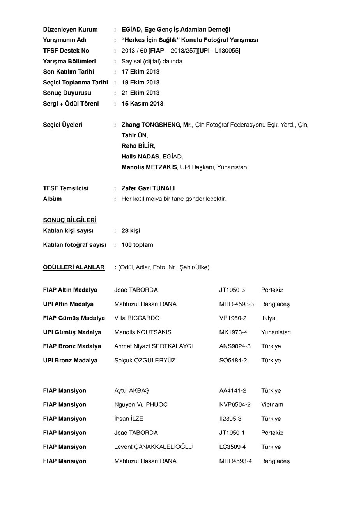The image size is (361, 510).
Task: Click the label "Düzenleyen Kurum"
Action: point(70,30)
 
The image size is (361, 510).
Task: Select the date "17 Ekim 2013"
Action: point(140,72)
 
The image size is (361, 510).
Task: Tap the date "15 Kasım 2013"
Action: point(142,104)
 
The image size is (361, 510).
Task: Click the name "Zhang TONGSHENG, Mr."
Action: point(157,125)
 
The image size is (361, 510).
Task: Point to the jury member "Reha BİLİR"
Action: point(138,146)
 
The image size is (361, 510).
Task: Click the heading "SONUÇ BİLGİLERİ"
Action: point(70,220)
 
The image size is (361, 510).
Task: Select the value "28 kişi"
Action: point(131,231)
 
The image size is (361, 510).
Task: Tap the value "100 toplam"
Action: point(137,245)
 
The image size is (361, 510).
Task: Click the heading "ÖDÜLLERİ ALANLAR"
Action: point(74,267)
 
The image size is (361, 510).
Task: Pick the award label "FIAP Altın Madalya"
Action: point(70,290)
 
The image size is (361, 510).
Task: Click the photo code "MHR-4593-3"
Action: point(236,304)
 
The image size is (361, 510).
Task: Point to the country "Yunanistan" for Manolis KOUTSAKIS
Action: point(276,332)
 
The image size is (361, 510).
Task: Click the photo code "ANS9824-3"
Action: point(235,346)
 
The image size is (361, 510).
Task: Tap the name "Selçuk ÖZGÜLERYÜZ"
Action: point(145,361)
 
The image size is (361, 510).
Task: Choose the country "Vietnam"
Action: point(272,405)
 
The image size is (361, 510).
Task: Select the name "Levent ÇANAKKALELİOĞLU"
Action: point(153,447)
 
